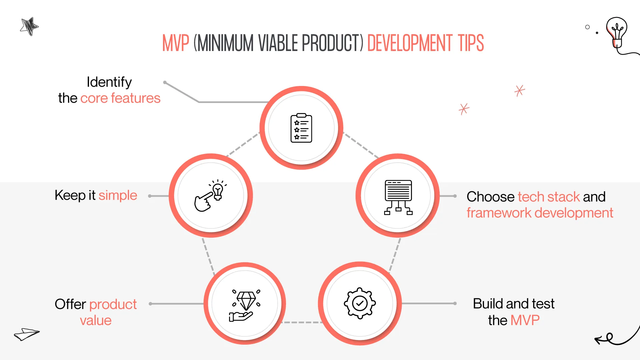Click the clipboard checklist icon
point(301,128)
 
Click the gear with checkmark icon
point(360,303)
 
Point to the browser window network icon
point(398,197)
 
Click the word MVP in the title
point(176,43)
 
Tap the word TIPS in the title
point(471,43)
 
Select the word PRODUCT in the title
point(332,43)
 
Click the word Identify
point(109,82)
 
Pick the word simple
point(118,195)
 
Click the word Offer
point(70,304)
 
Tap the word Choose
point(490,197)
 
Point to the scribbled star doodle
point(29,26)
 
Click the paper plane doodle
point(27,334)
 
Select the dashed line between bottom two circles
point(302,322)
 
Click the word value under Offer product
point(96,321)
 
